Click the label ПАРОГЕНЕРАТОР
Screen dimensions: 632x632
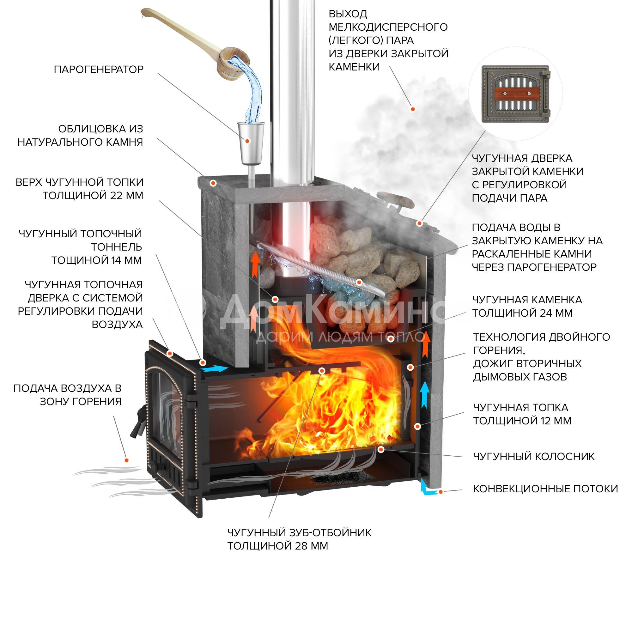pos(99,69)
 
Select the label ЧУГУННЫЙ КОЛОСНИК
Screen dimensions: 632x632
pos(533,456)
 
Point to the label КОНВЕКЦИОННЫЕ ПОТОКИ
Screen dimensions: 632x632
pos(545,489)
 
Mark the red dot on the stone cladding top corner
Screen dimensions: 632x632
pos(213,183)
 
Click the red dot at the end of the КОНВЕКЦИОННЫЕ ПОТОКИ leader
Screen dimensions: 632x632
pos(441,492)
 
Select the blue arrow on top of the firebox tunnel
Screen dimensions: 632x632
pos(214,369)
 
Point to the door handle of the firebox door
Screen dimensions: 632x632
pos(137,422)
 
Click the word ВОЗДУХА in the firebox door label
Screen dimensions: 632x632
pos(117,325)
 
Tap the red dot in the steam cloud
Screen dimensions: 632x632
pos(413,109)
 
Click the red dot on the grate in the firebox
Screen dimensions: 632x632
pos(381,449)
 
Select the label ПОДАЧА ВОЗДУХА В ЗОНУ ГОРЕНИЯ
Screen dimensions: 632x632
pos(67,395)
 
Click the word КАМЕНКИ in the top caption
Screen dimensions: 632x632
pos(354,67)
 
